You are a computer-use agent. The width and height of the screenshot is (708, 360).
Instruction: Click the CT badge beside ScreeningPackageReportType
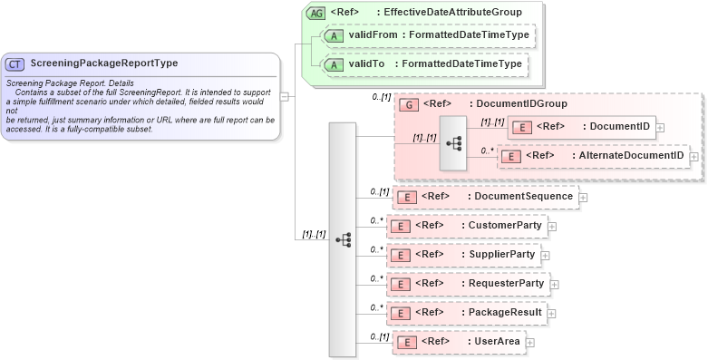tap(15, 64)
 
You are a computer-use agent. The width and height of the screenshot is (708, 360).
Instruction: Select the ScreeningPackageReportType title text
tap(103, 63)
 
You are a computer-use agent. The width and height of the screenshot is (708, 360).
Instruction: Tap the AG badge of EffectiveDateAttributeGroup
tap(315, 13)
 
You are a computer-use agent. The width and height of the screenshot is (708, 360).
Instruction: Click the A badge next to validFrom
tap(333, 36)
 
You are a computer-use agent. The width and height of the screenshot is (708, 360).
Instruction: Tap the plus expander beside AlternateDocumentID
tap(694, 157)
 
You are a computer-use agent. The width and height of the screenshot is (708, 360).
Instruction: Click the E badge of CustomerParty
tap(400, 226)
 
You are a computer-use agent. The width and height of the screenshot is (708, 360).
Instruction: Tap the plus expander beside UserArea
tap(530, 343)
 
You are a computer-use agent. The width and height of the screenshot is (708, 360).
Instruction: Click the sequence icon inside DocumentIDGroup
tap(454, 143)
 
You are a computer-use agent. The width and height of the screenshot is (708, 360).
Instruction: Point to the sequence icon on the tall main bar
tap(343, 239)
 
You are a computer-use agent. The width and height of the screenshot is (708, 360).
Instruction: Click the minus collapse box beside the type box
tap(285, 95)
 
